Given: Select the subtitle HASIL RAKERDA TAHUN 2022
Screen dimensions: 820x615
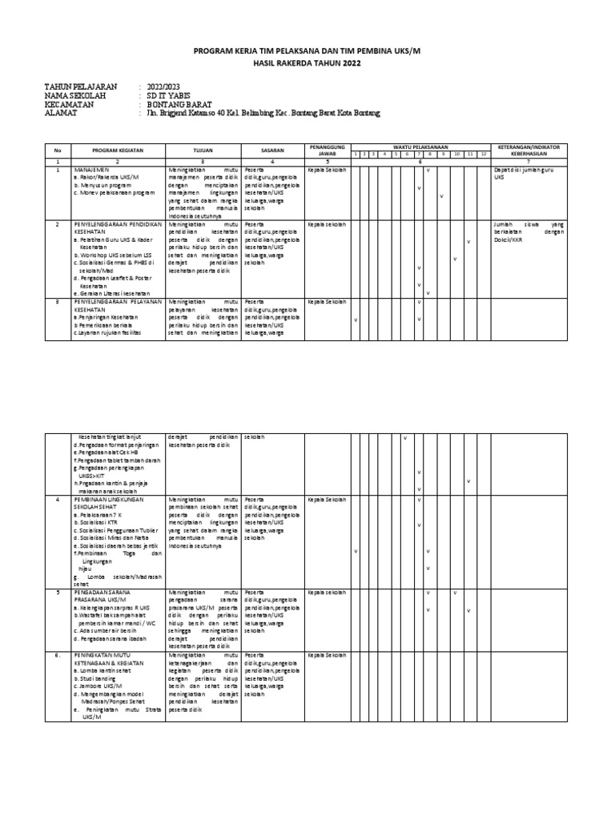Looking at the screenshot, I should click(x=307, y=62).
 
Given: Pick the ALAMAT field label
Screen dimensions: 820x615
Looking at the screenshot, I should click(x=63, y=115).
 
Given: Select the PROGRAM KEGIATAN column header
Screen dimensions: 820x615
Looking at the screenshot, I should click(x=117, y=150).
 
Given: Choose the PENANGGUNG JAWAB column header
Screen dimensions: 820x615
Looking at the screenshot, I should click(x=327, y=150).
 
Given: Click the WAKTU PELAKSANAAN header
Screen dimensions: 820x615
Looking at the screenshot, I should click(x=421, y=147).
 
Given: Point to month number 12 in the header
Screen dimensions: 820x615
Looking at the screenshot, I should click(x=484, y=154).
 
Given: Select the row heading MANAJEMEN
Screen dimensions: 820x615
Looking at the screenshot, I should click(x=90, y=171).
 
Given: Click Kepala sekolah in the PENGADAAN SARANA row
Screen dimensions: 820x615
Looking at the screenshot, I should click(x=327, y=593).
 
